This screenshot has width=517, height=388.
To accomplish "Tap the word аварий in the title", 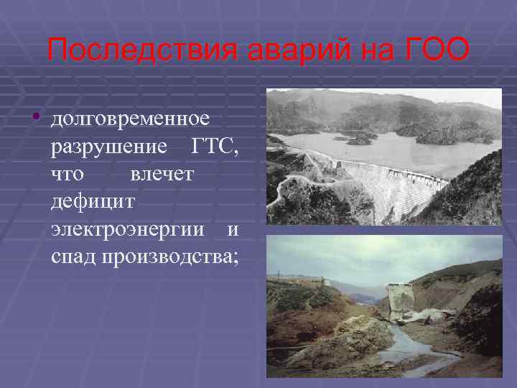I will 294,50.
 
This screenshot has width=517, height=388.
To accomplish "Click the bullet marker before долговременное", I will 35,118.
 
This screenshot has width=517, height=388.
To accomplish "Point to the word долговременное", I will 130,118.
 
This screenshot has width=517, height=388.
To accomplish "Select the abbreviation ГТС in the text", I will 215,147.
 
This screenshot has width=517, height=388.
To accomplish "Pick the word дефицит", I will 91,202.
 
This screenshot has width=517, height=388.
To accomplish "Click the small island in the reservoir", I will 359,140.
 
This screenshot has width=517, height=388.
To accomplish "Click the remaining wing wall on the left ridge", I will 298,281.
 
